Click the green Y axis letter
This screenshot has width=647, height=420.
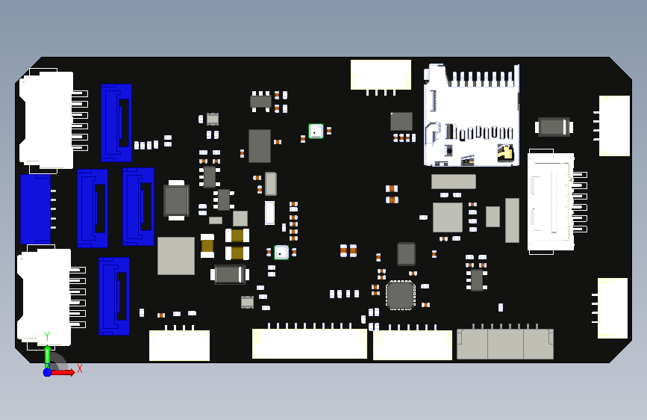[x=47, y=336]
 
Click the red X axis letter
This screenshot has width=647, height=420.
[x=80, y=368]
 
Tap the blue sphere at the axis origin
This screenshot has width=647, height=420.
[x=48, y=372]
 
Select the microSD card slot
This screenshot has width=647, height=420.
[x=472, y=115]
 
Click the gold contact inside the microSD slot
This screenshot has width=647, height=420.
[x=506, y=153]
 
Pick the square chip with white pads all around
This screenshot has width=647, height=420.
[x=400, y=295]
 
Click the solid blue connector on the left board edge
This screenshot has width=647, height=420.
[x=36, y=209]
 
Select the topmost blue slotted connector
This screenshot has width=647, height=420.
[x=116, y=123]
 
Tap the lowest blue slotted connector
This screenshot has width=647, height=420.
[x=114, y=296]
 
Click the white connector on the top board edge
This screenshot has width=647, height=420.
[x=381, y=75]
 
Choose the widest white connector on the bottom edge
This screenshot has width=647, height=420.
[x=310, y=344]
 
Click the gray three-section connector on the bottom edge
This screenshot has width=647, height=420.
[x=505, y=344]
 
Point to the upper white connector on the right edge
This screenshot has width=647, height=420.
[x=614, y=126]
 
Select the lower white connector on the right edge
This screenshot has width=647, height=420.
[x=613, y=308]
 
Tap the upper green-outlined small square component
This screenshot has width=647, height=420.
[x=316, y=131]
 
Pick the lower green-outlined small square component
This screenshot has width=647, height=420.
[x=281, y=252]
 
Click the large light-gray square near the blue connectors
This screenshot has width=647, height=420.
[x=176, y=256]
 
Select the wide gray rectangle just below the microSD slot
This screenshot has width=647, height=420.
[x=454, y=182]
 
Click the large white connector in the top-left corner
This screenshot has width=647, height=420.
[x=46, y=120]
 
